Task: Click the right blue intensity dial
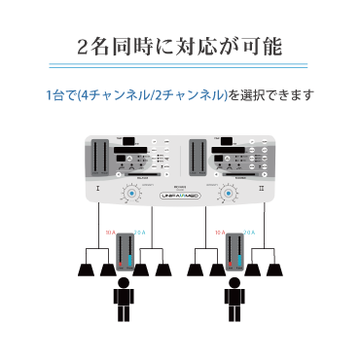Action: point(229,196)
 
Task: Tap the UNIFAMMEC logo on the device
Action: point(180,197)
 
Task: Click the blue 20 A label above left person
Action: point(138,234)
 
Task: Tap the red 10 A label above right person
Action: point(220,234)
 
